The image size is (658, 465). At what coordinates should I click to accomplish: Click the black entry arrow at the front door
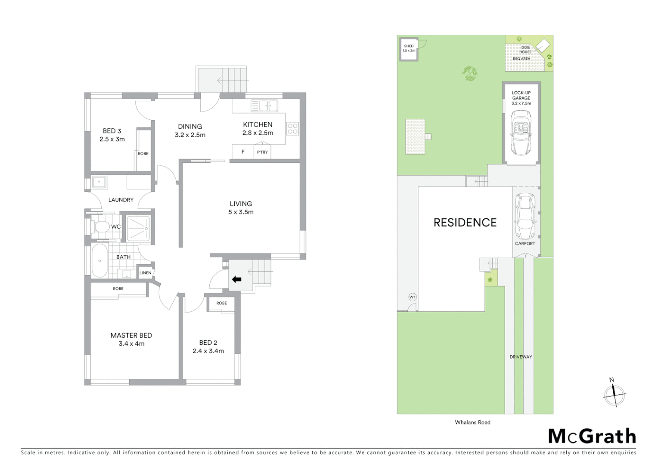click(236, 279)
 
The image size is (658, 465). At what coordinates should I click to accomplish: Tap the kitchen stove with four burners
click(292, 129)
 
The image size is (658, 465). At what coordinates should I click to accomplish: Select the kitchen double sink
click(265, 105)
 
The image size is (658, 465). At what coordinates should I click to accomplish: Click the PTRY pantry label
click(262, 152)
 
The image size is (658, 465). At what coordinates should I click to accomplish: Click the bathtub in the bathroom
click(100, 261)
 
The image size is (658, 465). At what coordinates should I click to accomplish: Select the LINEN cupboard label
click(146, 273)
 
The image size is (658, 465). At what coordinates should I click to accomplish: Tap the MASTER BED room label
click(131, 335)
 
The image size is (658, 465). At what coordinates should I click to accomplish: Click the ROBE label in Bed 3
click(143, 154)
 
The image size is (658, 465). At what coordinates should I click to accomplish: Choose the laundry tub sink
click(99, 182)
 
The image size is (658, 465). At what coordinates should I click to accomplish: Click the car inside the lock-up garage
click(521, 133)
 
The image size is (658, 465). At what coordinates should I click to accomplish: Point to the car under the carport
click(525, 217)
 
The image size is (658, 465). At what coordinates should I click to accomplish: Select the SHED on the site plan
click(409, 49)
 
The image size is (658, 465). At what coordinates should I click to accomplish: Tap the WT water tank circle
click(412, 297)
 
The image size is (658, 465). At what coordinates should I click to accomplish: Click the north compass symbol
click(614, 394)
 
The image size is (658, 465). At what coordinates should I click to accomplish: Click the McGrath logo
click(592, 436)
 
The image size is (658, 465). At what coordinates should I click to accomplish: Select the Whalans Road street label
click(472, 422)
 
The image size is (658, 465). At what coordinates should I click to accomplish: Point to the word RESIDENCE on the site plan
click(465, 223)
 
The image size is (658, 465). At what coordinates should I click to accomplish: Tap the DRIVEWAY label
click(521, 357)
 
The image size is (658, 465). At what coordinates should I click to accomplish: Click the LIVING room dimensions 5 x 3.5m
click(241, 212)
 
